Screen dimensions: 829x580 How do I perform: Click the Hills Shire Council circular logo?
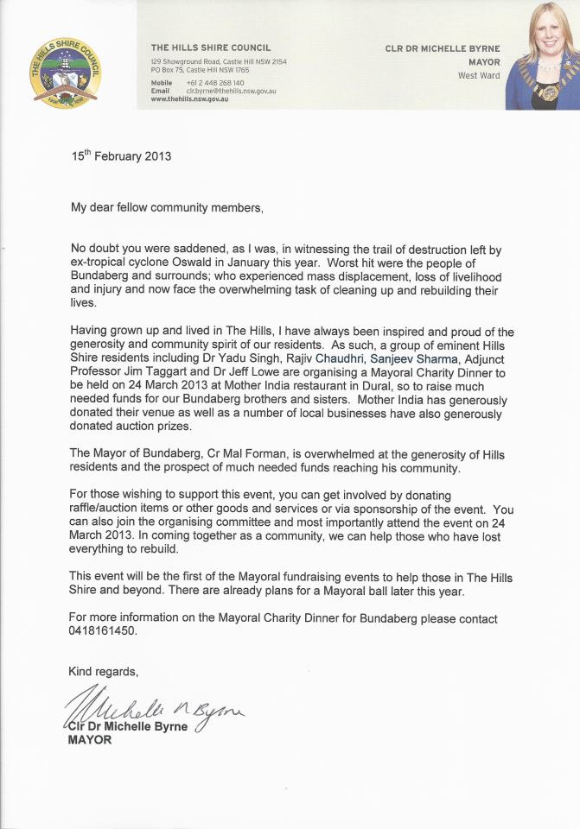[66, 73]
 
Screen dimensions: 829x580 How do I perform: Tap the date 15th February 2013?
[121, 156]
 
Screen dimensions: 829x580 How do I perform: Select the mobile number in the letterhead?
[214, 82]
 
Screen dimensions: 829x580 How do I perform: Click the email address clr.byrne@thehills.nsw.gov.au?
[231, 91]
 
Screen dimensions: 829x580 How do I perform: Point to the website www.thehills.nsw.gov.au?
[189, 99]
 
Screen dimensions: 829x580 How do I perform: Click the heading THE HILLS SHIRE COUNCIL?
[211, 48]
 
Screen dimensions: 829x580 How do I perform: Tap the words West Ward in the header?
[480, 76]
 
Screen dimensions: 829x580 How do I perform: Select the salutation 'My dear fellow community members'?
[166, 207]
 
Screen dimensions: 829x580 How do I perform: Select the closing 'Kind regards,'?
[103, 671]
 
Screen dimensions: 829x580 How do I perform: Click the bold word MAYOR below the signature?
[90, 740]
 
